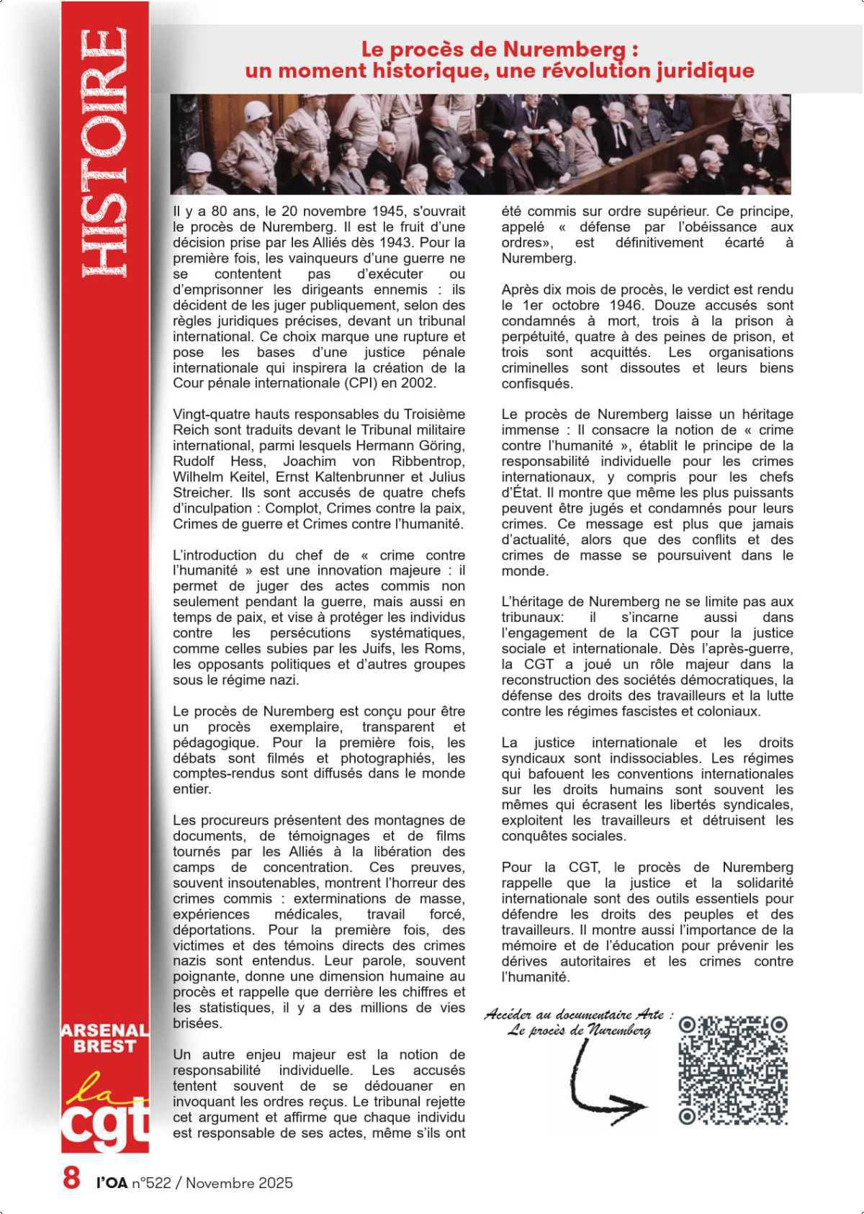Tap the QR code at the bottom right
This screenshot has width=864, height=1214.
[x=733, y=1070]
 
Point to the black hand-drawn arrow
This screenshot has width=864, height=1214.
[x=605, y=1080]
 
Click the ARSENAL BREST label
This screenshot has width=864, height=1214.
[x=104, y=1038]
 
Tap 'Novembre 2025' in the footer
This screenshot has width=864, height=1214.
[x=240, y=1182]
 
